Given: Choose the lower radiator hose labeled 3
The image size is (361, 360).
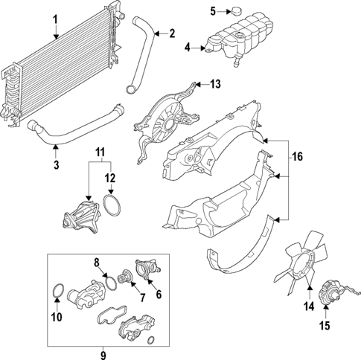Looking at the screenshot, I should click(74, 134).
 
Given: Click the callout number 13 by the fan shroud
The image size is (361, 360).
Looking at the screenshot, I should click(216, 85).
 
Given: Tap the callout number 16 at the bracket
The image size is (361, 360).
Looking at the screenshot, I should click(298, 157).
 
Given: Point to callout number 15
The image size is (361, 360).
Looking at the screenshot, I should click(325, 324).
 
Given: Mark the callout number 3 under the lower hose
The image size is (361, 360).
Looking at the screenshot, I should click(55, 164).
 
